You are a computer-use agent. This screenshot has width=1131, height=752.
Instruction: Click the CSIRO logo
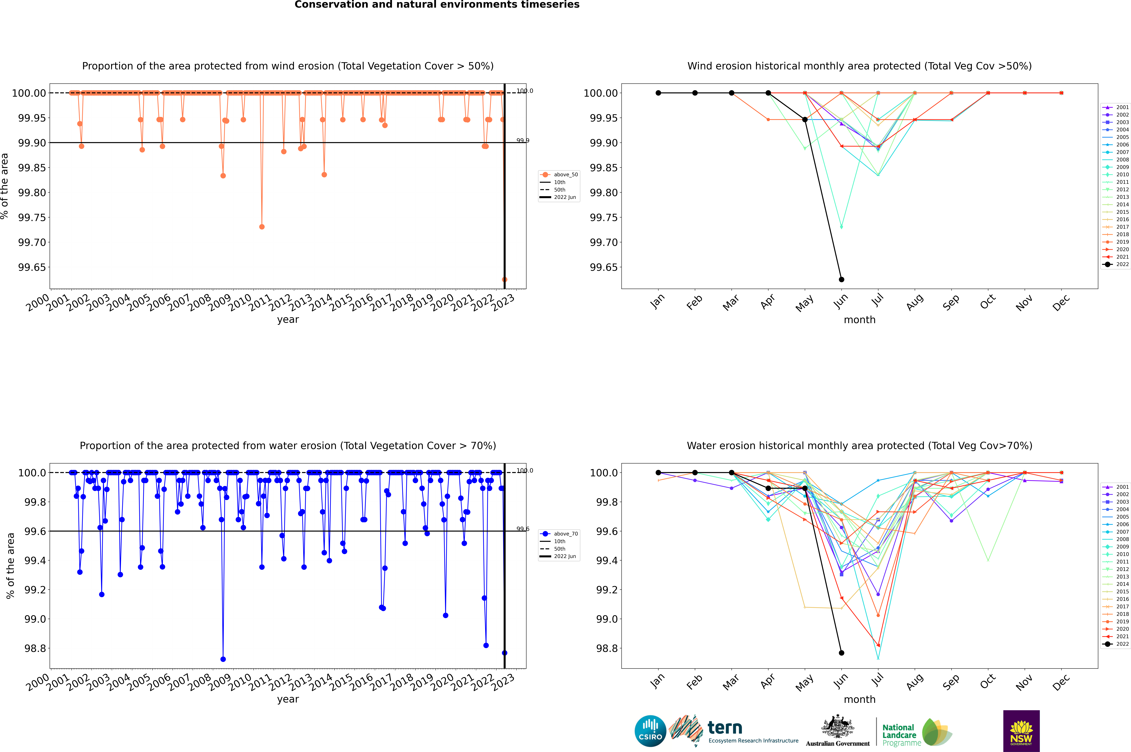coord(650,731)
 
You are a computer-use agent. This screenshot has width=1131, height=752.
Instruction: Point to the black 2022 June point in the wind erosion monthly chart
coord(841,280)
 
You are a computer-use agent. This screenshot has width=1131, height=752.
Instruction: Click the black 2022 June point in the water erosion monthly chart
coord(841,653)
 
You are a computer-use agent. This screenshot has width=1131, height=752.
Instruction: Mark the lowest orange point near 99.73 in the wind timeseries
coord(262,227)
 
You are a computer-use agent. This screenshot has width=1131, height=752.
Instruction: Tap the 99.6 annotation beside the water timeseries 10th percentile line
coord(523,529)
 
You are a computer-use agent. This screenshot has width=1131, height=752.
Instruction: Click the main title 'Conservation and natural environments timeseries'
coord(437,5)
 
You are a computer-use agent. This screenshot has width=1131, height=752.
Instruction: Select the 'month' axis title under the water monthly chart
coord(860,699)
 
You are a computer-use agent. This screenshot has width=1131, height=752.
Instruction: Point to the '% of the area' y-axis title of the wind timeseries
coord(5,186)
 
